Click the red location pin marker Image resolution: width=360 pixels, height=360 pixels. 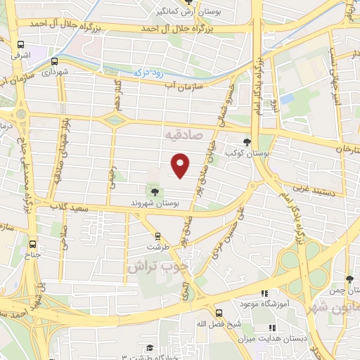181,164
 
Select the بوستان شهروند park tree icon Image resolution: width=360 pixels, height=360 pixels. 153,191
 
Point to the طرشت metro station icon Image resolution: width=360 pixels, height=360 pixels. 157,236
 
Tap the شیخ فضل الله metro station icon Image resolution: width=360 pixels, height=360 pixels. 218,313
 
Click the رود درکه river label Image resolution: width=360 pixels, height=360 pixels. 148,72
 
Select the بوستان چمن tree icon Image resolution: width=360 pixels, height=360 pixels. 349,280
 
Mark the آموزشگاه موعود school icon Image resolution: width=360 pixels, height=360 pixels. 265,293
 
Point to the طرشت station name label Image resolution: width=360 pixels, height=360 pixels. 158,248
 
